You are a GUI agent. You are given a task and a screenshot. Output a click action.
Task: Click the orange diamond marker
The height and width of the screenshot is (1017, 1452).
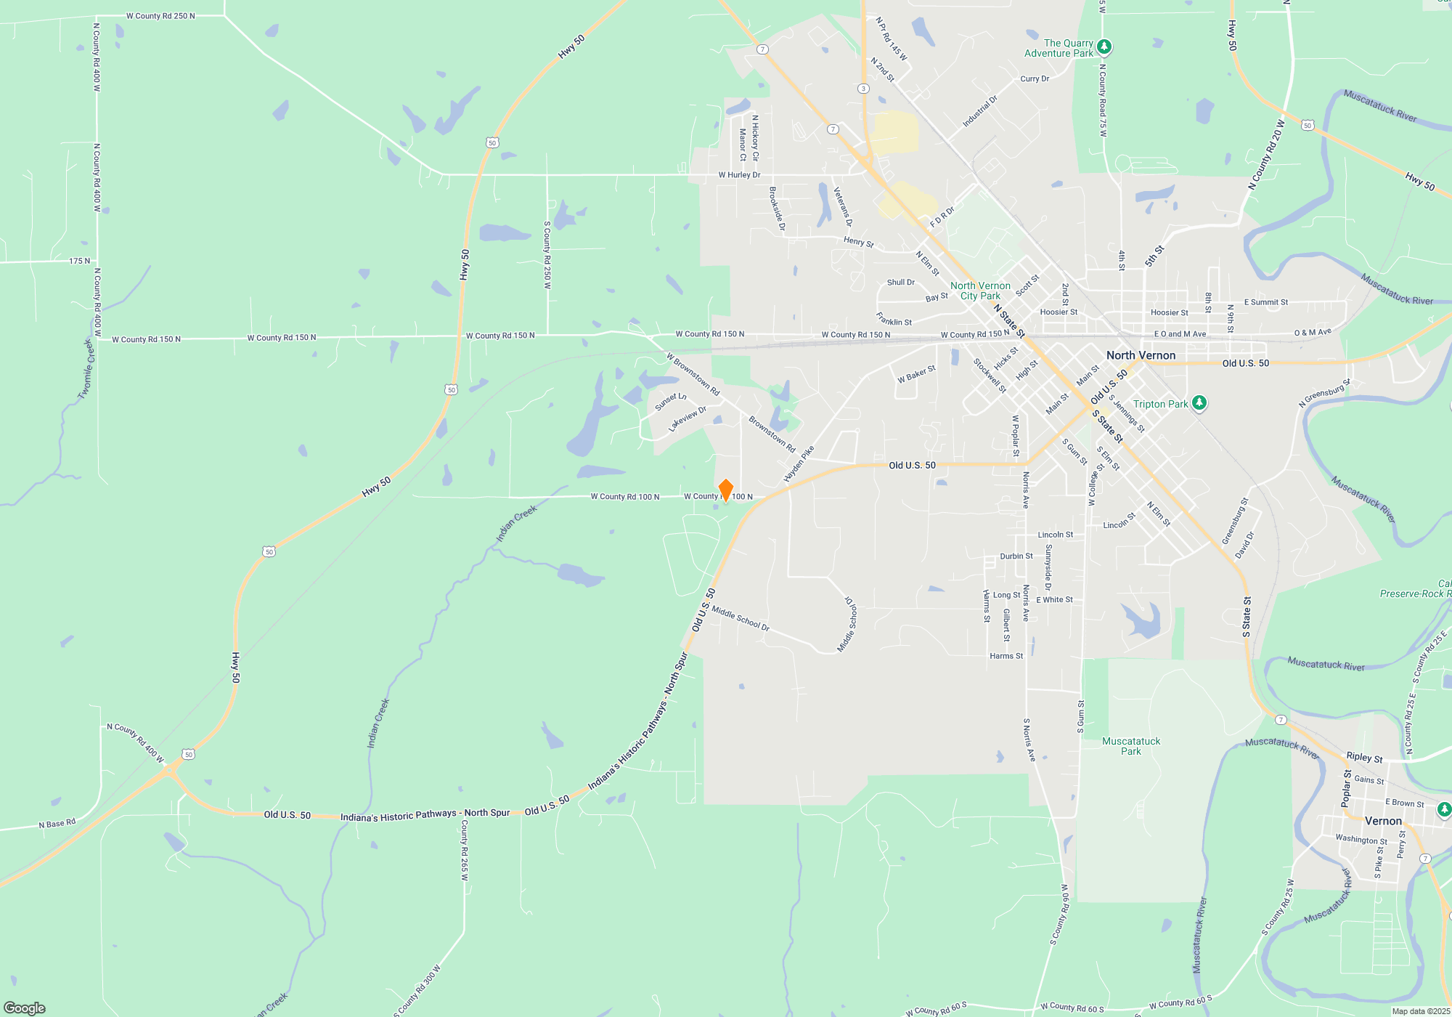coord(725,490)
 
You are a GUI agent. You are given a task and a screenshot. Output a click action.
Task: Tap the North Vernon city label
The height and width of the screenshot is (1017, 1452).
coord(1141,355)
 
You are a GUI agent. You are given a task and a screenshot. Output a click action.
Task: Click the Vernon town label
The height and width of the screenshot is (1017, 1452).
coord(1383,821)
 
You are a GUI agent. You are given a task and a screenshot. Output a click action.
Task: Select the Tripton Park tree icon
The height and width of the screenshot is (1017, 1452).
coord(1199,403)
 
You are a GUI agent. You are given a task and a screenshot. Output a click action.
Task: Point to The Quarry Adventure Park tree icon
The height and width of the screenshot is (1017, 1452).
coord(1104,47)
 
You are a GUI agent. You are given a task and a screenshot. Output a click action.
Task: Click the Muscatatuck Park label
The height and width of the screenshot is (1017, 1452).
coord(1131,746)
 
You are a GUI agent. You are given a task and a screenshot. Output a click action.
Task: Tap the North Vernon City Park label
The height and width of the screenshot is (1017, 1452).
coord(980,291)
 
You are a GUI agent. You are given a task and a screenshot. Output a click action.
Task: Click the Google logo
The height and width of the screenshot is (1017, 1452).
coord(25,1008)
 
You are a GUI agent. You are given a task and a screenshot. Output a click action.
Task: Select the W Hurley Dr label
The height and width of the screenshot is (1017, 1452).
coord(739,175)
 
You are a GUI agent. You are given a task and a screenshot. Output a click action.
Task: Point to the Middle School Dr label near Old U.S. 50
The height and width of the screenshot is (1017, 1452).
coord(740,617)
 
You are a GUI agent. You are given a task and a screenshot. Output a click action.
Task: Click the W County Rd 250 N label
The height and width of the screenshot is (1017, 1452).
coord(160,16)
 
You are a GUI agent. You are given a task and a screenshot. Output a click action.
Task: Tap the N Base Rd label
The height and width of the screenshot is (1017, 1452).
coord(57,824)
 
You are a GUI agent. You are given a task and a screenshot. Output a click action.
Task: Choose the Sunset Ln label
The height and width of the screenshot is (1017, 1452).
coord(670,402)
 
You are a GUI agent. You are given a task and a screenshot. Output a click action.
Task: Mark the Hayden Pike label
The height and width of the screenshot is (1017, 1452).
coord(799,464)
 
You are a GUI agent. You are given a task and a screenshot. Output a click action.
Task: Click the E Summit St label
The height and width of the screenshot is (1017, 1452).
coord(1265,302)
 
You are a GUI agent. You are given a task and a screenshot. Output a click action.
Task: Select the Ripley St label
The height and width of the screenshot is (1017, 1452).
coord(1364,757)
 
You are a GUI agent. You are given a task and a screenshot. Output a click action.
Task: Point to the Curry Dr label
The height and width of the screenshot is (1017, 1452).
coord(1035,78)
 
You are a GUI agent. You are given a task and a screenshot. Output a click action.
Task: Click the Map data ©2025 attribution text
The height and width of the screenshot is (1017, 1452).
coord(1420,1011)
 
